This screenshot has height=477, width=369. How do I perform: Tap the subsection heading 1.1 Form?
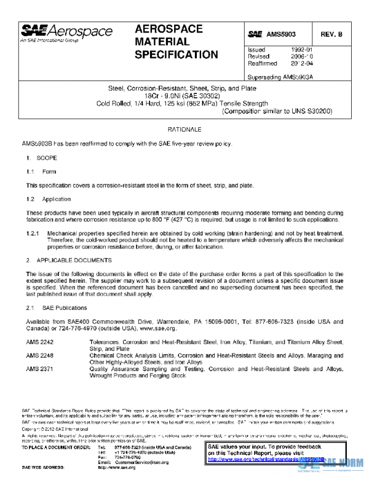pyautogui.click(x=41, y=172)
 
